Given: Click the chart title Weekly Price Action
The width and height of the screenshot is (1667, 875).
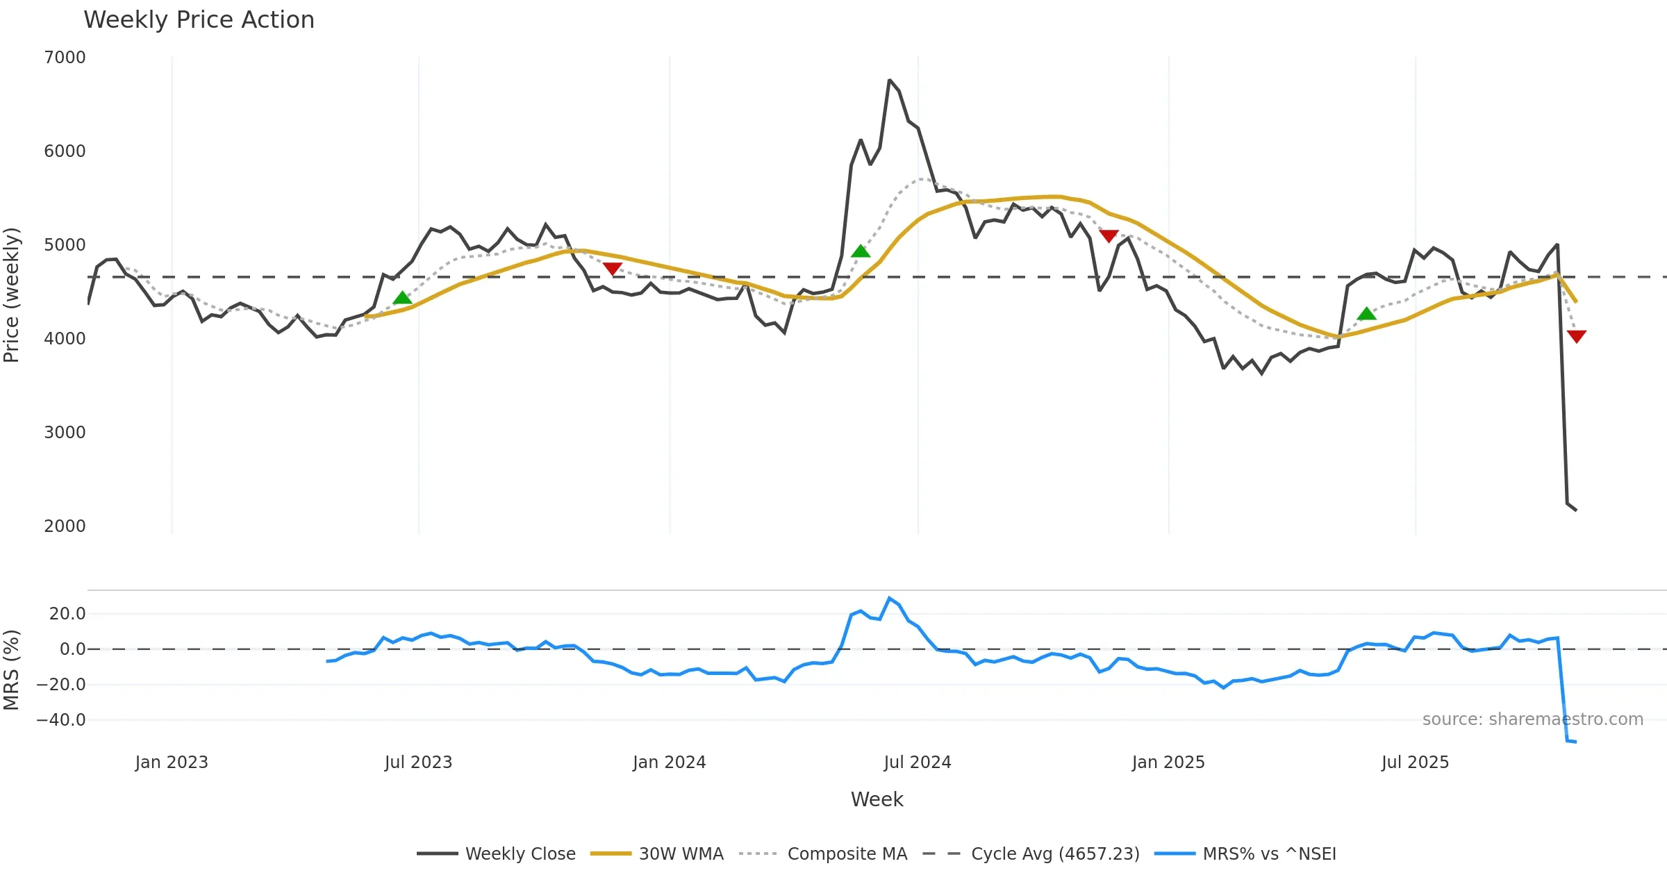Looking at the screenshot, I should [199, 20].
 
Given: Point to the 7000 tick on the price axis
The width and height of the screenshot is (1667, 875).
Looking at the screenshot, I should [65, 58].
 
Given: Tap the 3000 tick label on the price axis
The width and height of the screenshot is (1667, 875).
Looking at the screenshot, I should [65, 433].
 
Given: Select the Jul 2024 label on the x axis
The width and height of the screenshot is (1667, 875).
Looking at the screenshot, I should [917, 762].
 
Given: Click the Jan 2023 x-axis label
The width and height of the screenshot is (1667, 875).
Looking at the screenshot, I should [172, 762].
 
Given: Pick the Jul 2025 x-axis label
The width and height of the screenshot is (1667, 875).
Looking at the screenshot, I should [1415, 762].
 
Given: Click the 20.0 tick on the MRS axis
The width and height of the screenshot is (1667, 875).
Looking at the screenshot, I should [67, 614].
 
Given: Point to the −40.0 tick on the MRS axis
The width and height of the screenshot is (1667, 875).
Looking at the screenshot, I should [61, 720].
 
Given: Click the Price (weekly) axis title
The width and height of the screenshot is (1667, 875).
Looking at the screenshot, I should [12, 295].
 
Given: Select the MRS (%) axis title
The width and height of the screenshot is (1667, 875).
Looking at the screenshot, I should [12, 670].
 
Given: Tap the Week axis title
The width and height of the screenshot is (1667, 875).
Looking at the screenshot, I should [877, 800].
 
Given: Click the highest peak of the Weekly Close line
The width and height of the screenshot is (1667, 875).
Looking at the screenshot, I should [889, 81].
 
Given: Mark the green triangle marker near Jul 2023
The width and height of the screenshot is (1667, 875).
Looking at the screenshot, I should [402, 298].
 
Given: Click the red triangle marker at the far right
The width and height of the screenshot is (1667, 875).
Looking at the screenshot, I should [1577, 337].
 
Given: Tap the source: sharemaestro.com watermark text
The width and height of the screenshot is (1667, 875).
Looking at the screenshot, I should [1532, 719].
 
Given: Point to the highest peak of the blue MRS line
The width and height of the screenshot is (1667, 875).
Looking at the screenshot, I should [889, 598].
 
